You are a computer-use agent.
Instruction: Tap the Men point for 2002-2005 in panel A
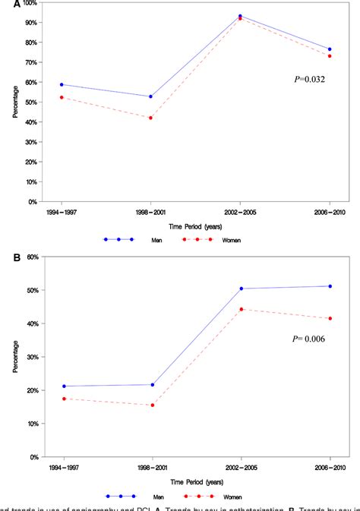click(241, 16)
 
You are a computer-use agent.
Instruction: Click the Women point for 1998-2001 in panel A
click(152, 118)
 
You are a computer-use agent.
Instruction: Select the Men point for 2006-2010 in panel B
click(330, 286)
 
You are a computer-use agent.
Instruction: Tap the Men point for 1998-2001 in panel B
click(152, 385)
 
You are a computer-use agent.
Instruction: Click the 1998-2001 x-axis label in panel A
click(152, 211)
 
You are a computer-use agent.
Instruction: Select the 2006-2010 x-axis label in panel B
click(330, 466)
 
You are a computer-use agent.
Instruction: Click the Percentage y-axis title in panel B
click(14, 357)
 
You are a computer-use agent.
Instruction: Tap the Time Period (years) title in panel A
click(196, 225)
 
